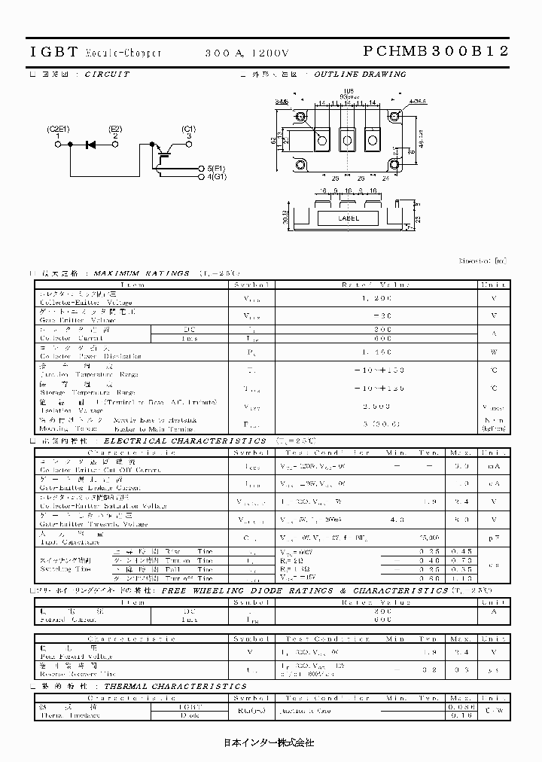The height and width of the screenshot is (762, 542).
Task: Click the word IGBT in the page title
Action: (x=53, y=52)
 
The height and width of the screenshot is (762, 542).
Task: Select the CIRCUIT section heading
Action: (x=106, y=75)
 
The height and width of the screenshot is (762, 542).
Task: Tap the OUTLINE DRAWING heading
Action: (x=359, y=75)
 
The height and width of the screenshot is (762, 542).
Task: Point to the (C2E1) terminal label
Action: (x=58, y=129)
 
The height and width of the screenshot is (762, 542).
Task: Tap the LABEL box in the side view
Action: (x=348, y=218)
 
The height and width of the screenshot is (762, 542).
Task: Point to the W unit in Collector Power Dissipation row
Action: (x=495, y=352)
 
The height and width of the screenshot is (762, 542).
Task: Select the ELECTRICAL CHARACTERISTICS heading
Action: (x=184, y=440)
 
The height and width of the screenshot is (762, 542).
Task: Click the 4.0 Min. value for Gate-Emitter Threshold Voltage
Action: (x=397, y=520)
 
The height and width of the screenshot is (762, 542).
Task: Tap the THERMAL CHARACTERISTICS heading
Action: (x=175, y=687)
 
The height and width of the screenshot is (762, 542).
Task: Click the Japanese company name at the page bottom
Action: (x=269, y=742)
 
